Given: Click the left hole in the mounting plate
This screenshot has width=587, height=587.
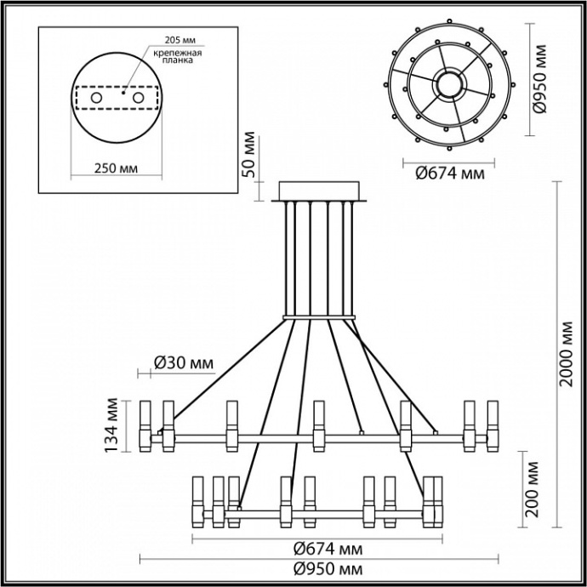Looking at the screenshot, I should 96,99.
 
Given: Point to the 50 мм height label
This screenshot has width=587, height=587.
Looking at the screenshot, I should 249,155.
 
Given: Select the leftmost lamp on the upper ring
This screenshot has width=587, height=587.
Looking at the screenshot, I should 145,425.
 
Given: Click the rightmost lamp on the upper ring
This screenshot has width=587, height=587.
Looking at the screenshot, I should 491,425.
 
